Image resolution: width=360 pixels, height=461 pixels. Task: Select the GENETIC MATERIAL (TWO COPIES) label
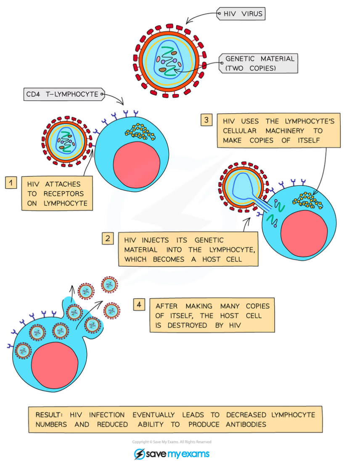tap(259, 63)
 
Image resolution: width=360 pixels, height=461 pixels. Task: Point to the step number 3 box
tap(206, 120)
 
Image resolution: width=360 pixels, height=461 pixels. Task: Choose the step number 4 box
tap(139, 304)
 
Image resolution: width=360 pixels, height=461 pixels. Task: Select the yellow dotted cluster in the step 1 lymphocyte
tap(140, 132)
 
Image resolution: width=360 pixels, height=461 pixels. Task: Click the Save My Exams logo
tap(172, 454)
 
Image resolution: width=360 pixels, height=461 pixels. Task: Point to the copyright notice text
tap(172, 442)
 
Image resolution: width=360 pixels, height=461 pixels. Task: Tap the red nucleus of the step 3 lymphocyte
tap(304, 235)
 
